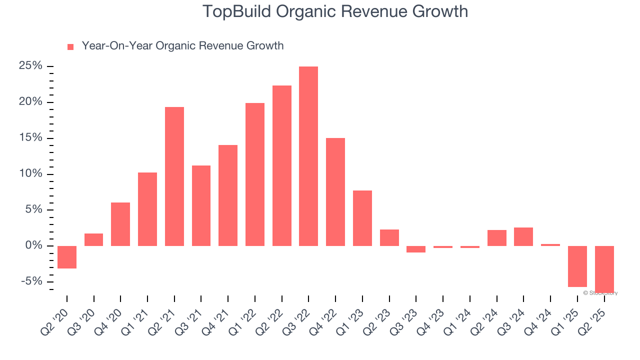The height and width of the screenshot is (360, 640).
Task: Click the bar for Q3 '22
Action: pos(308,156)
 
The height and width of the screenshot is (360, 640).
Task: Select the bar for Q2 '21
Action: pos(174,176)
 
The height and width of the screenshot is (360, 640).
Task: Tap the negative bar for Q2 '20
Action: pos(67,257)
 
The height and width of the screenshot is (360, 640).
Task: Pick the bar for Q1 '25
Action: pos(577,266)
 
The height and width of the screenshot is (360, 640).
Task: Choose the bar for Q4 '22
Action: pos(335,192)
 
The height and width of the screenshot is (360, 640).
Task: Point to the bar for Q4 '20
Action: pos(120,224)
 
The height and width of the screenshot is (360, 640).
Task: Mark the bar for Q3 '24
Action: pos(523,236)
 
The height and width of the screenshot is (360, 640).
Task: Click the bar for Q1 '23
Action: pos(362,218)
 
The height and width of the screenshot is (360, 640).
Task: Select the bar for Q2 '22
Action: pos(282,165)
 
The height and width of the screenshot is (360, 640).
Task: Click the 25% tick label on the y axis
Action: pos(30,66)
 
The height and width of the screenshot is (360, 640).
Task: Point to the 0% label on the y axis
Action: pos(33,245)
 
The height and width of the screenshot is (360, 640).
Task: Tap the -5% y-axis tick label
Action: pos(31,281)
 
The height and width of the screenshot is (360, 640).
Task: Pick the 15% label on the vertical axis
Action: pos(30,138)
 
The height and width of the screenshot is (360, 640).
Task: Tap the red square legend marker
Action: pos(70,47)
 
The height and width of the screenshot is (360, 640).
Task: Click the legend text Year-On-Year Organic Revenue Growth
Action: pos(182,46)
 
